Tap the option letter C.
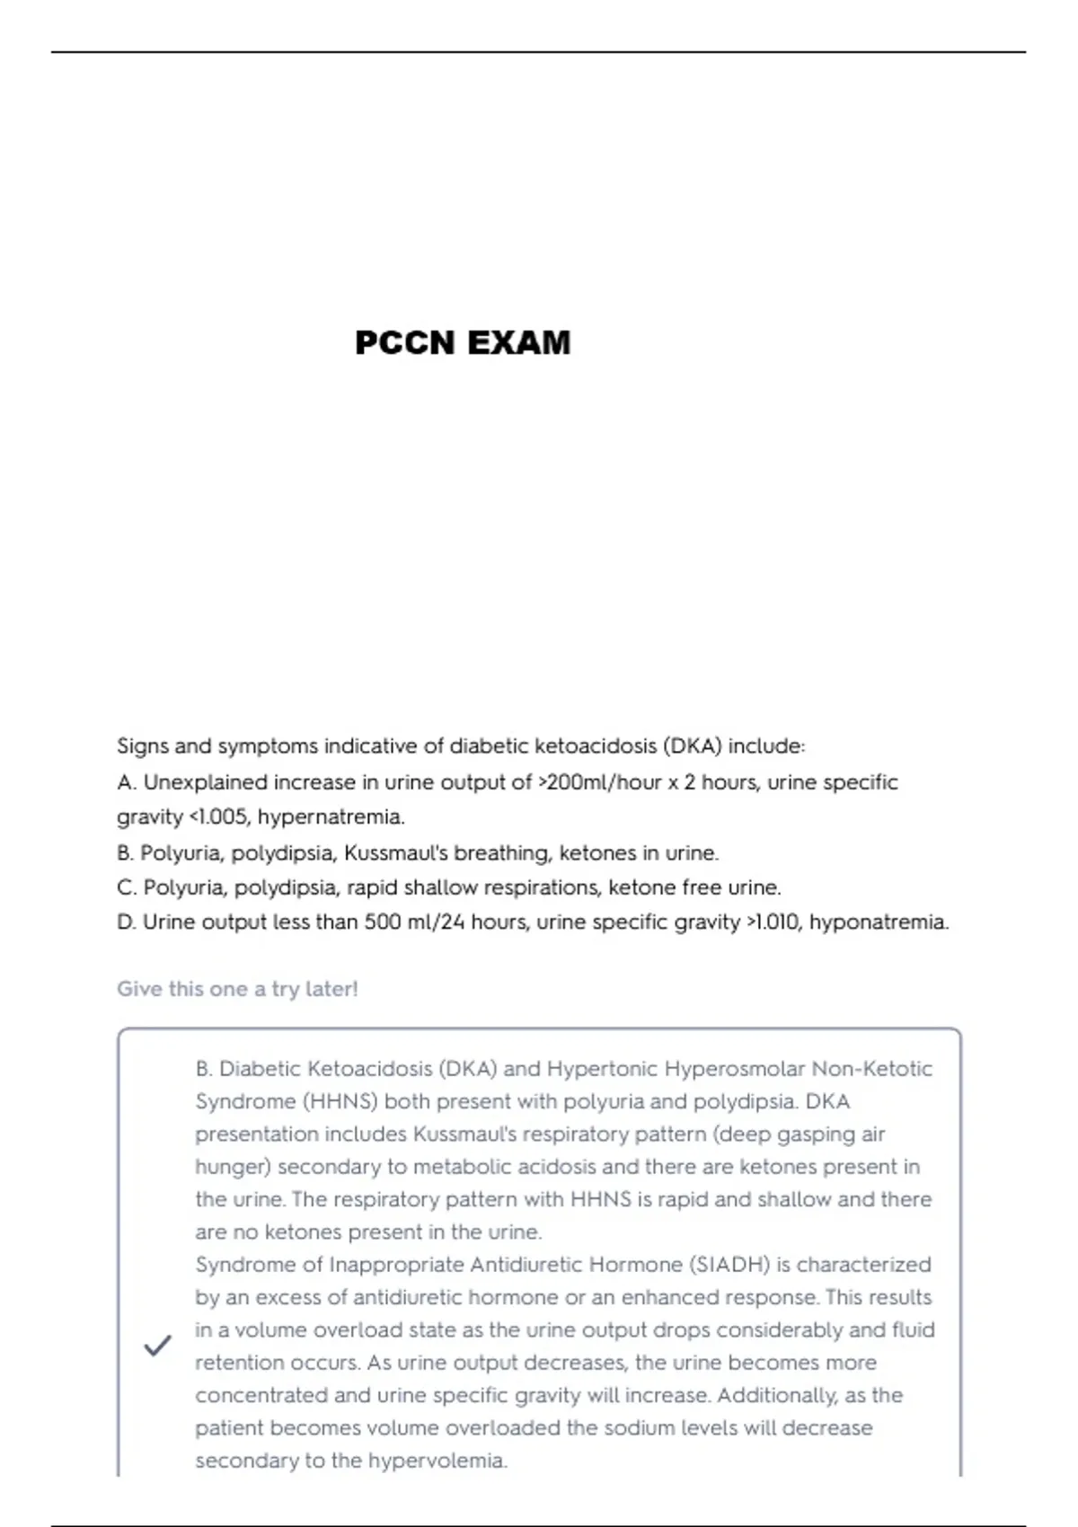(125, 887)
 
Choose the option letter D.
(125, 922)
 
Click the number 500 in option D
(382, 922)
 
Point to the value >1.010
(773, 922)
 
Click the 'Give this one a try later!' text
(237, 989)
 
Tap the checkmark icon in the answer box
(157, 1346)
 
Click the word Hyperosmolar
(735, 1069)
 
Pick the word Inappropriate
(396, 1265)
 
